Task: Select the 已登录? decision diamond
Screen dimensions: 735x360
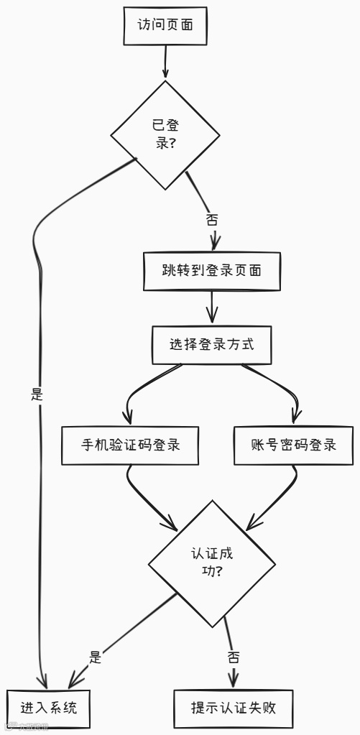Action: point(165,134)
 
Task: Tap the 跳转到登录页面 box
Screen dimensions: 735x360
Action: point(211,271)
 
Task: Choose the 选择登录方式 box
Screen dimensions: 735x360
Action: point(211,344)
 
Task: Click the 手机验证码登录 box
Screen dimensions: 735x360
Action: point(130,445)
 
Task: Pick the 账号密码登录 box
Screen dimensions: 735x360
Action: point(294,445)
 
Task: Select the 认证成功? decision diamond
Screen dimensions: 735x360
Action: point(211,563)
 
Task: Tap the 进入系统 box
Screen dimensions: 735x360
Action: point(49,708)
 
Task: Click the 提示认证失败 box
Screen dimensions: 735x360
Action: point(234,708)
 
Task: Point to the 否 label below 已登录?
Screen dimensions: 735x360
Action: point(212,220)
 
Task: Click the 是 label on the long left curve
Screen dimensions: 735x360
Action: point(37,394)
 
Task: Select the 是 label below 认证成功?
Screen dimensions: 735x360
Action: point(95,656)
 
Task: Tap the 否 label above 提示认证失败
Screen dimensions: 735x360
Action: point(234,657)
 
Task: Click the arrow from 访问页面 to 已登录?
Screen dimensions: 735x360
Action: point(166,60)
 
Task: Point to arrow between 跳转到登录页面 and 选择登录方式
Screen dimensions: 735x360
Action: point(211,308)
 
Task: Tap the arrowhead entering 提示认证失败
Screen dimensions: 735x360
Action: point(234,680)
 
